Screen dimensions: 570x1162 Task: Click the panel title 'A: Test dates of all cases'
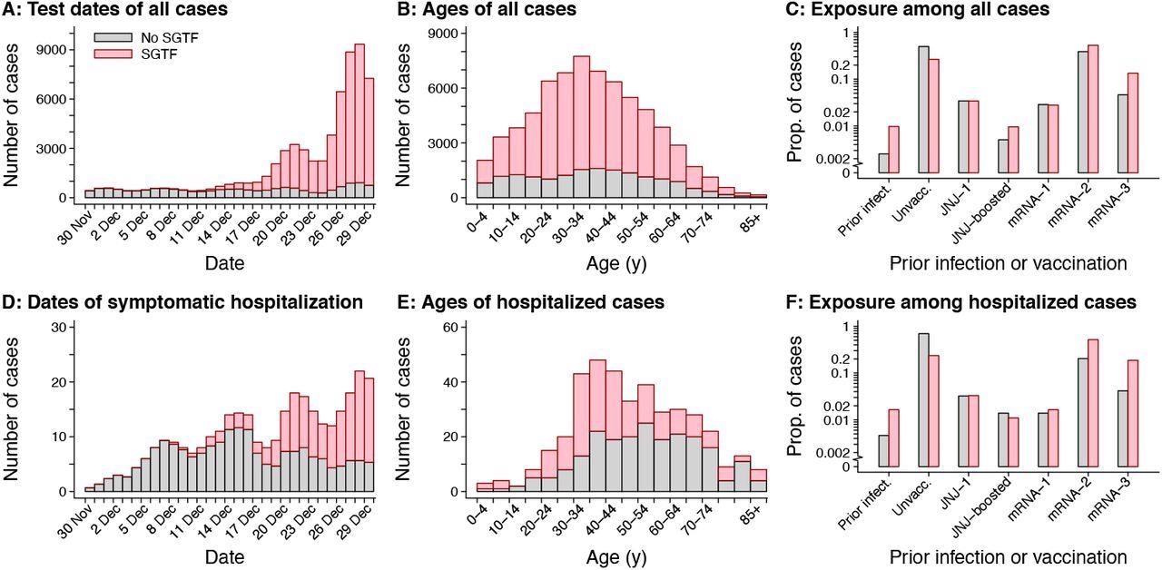[116, 11]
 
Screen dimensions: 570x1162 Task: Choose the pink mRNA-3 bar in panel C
[1132, 123]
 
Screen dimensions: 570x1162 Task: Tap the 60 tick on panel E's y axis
[452, 327]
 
